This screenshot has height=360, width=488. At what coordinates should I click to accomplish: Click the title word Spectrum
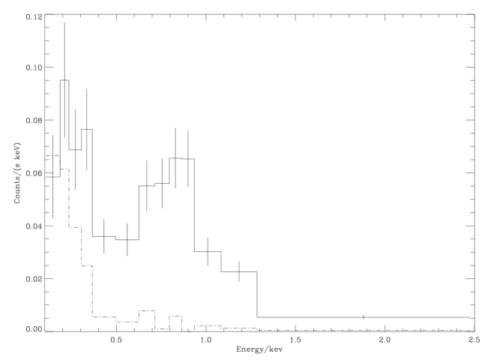point(259,8)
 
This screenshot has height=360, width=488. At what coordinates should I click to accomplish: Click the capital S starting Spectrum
point(238,8)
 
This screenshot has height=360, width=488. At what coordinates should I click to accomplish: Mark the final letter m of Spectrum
point(280,8)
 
